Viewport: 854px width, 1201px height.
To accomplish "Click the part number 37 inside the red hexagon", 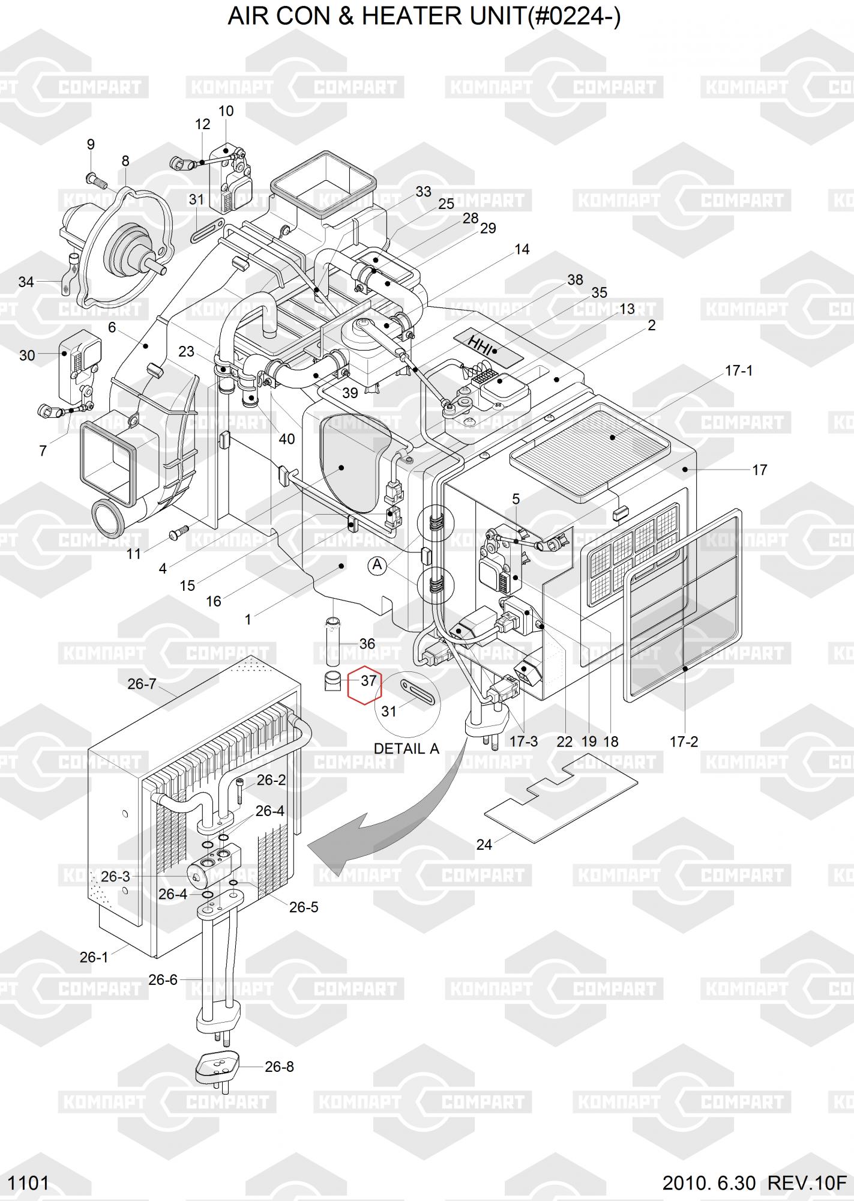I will point(368,680).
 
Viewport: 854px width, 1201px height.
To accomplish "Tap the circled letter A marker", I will point(377,565).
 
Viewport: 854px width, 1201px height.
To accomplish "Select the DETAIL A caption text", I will point(406,749).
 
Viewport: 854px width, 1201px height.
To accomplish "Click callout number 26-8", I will point(279,1066).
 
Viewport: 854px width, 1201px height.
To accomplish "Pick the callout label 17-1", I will point(738,371).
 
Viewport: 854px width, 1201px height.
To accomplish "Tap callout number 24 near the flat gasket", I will point(484,844).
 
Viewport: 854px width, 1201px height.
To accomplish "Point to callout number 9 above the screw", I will point(91,144).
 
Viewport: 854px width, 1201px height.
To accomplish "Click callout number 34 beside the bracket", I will point(26,282).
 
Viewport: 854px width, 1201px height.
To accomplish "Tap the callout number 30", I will point(27,355).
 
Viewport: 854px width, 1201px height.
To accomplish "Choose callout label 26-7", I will point(142,683).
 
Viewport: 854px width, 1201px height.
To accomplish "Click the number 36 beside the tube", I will point(367,643).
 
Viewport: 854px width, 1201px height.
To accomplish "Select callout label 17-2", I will point(684,742).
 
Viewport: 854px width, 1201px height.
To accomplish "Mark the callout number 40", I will point(286,439).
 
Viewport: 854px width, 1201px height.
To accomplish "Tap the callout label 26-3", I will point(115,876).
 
